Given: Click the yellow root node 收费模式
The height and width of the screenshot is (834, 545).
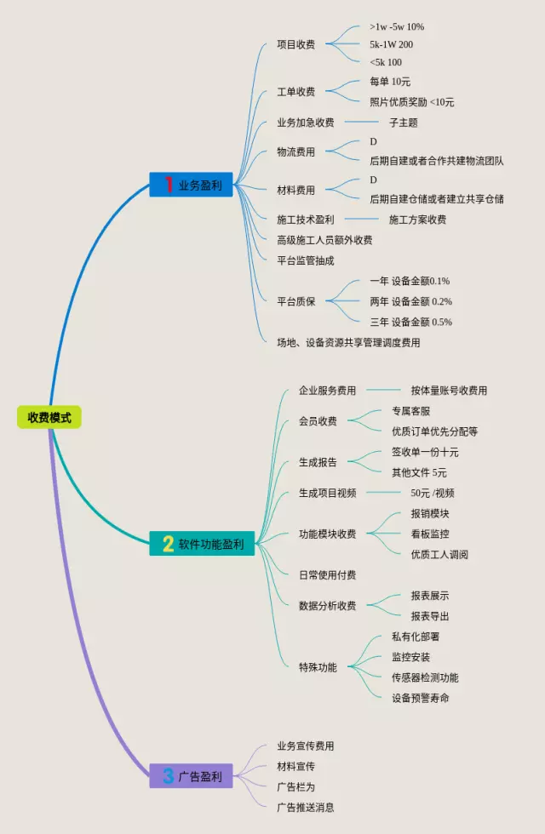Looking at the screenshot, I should click(x=49, y=417).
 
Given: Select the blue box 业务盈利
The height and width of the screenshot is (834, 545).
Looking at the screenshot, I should click(x=191, y=185).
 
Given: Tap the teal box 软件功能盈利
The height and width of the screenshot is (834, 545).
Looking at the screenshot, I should click(x=202, y=544).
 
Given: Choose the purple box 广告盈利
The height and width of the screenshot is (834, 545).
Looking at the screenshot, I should click(x=191, y=775).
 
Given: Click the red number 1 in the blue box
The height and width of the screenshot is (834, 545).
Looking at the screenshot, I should click(x=169, y=185).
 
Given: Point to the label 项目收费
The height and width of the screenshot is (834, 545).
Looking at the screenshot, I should click(x=295, y=44).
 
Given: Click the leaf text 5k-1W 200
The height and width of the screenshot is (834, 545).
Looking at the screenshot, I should click(x=391, y=44).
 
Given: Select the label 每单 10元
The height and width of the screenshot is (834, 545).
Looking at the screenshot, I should click(x=390, y=82).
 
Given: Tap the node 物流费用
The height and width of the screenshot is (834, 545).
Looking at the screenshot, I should click(x=295, y=152).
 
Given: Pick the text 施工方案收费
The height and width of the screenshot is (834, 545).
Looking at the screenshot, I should click(x=417, y=220).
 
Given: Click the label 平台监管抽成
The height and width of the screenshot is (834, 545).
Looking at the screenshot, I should click(x=306, y=260).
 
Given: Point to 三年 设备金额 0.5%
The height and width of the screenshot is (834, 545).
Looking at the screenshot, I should click(x=410, y=322).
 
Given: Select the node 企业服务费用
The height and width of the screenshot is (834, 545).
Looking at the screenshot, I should click(x=327, y=391).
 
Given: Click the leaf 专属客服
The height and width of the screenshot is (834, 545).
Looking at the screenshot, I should click(x=410, y=411).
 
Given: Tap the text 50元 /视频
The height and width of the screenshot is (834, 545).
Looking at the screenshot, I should click(x=432, y=493).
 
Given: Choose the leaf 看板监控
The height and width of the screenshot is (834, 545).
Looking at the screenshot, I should click(x=429, y=534).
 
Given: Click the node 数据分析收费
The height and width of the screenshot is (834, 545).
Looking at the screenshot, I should click(x=327, y=606).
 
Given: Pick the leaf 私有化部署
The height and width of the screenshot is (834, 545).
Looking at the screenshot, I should click(x=415, y=637).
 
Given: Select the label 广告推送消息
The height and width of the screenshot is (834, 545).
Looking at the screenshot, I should click(x=306, y=807).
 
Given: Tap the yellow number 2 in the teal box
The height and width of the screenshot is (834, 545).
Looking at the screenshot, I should click(x=168, y=544).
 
